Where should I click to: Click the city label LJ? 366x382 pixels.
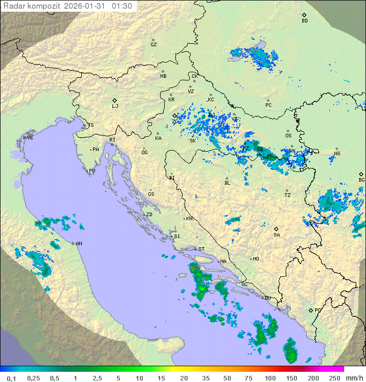115,106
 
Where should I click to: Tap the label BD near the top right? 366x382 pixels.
304,21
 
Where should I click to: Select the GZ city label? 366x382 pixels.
154,45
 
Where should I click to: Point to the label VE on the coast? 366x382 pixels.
30,138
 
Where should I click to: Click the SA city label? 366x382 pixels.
277,235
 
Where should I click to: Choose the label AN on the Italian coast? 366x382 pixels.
79,244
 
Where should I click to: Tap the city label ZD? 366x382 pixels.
149,215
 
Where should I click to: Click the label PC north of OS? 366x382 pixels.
268,105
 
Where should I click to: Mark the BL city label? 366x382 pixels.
227,183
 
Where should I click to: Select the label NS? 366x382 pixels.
337,154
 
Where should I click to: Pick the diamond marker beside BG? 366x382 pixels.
361,174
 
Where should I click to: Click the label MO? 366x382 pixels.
256,259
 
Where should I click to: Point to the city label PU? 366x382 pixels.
92,171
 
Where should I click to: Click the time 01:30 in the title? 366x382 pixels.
122,6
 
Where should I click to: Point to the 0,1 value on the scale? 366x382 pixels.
11,378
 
